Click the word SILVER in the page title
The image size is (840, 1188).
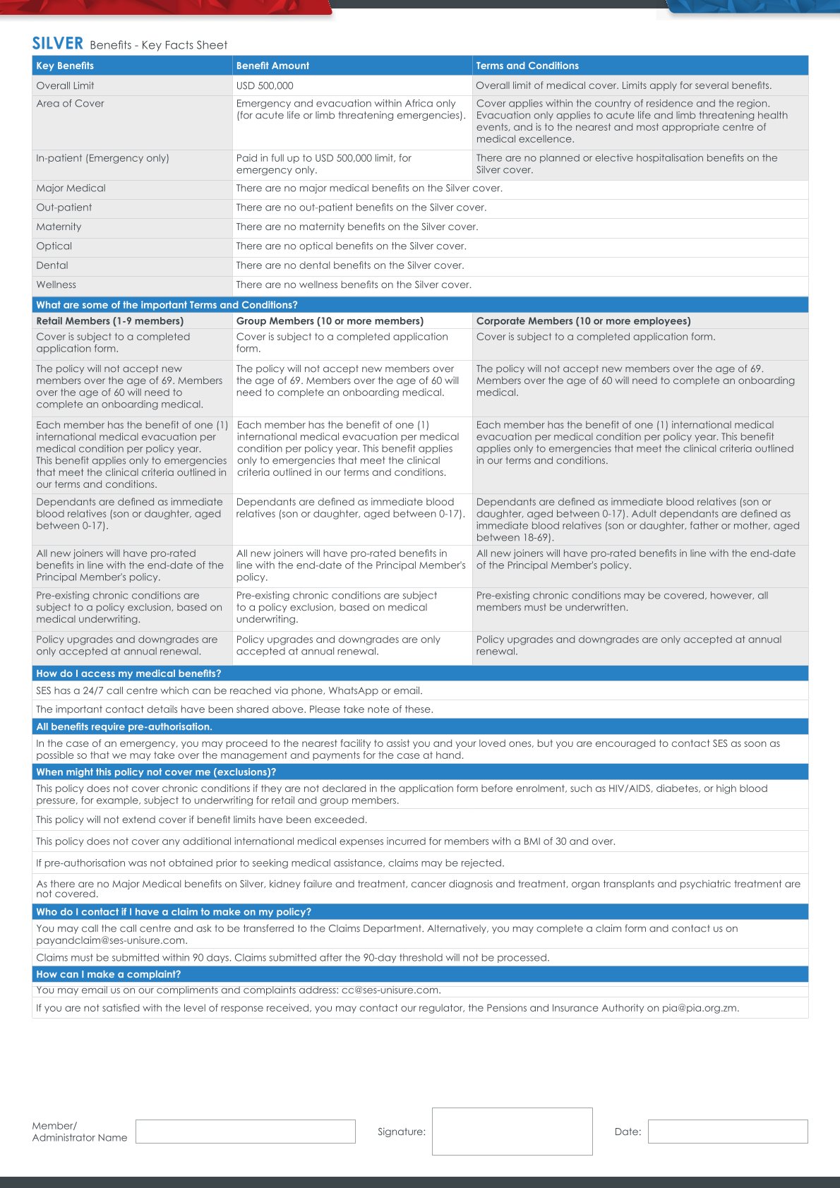pyautogui.click(x=58, y=44)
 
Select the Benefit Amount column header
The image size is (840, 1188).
pyautogui.click(x=272, y=66)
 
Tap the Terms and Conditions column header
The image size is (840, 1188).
pyautogui.click(x=527, y=66)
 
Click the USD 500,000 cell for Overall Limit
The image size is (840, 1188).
pyautogui.click(x=265, y=85)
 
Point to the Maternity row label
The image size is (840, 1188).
pyautogui.click(x=59, y=227)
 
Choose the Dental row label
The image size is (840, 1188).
pyautogui.click(x=52, y=265)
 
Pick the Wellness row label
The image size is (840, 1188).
pyautogui.click(x=56, y=284)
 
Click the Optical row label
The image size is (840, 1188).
pyautogui.click(x=54, y=246)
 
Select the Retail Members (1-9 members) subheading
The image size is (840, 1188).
pyautogui.click(x=109, y=320)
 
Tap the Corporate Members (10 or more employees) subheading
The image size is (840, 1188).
pyautogui.click(x=583, y=320)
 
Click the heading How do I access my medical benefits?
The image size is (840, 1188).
pyautogui.click(x=128, y=673)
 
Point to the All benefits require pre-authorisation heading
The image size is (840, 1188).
pyautogui.click(x=124, y=726)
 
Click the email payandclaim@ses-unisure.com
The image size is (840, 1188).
pyautogui.click(x=111, y=940)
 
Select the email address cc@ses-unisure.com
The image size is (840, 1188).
pyautogui.click(x=390, y=990)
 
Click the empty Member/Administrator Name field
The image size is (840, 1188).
pyautogui.click(x=245, y=1132)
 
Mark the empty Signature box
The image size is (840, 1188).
pyautogui.click(x=512, y=1132)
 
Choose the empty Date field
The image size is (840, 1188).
pyautogui.click(x=727, y=1132)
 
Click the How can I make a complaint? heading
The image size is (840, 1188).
pyautogui.click(x=108, y=974)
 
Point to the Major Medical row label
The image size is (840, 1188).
pyautogui.click(x=71, y=188)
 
